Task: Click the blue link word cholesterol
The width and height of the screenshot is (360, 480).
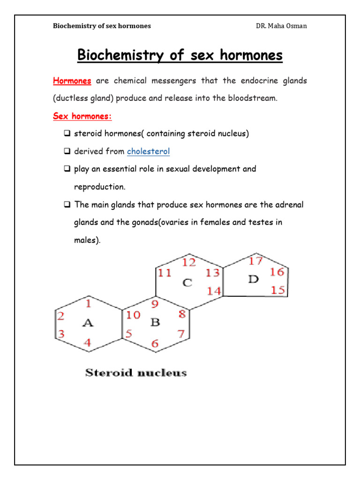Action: click(x=148, y=151)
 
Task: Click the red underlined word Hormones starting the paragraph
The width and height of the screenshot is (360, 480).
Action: click(x=72, y=81)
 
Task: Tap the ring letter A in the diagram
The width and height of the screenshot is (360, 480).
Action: click(x=88, y=323)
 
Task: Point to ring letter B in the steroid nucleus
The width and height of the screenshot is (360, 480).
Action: click(x=155, y=322)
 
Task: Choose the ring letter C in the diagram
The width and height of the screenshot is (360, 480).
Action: click(x=187, y=283)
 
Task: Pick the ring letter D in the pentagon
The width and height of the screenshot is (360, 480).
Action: click(x=253, y=279)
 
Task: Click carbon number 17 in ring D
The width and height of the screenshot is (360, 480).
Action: click(x=255, y=260)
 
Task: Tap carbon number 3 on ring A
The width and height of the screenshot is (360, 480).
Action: click(x=61, y=334)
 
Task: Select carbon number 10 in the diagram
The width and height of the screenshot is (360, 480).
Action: click(x=133, y=315)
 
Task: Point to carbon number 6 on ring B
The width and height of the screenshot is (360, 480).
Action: click(x=155, y=344)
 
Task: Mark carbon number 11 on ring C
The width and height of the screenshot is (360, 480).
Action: click(x=165, y=273)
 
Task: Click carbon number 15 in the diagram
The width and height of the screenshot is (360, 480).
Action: click(x=277, y=290)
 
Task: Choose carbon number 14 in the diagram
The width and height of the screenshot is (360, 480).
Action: click(x=214, y=291)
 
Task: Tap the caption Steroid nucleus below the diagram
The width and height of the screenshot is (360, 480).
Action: click(x=136, y=373)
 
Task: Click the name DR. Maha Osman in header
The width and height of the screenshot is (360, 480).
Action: click(x=281, y=26)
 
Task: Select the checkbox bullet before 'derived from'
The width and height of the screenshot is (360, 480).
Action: click(x=67, y=151)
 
